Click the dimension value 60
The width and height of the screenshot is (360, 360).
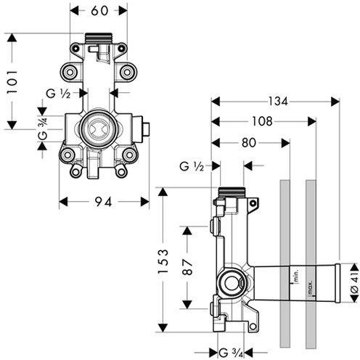(99, 11)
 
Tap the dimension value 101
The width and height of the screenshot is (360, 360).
(12, 82)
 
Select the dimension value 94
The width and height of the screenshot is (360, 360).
(103, 202)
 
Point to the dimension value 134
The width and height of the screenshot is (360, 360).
(278, 102)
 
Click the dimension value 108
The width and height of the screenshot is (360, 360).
(262, 121)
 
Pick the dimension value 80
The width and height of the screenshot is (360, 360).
(248, 143)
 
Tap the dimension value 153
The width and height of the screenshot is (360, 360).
(163, 261)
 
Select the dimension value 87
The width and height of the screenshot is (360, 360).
(187, 267)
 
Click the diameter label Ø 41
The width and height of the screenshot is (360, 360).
(354, 283)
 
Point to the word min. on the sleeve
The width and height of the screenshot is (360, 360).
(296, 276)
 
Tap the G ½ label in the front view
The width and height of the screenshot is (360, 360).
(58, 94)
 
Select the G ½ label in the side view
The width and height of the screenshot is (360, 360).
(192, 166)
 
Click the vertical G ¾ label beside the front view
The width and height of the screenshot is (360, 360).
(43, 128)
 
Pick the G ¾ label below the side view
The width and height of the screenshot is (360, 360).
(231, 353)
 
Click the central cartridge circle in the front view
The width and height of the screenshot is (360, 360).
(99, 128)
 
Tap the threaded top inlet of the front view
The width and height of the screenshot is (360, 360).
(99, 38)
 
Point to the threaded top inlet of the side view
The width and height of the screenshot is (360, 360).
(232, 192)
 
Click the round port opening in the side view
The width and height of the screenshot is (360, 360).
(231, 282)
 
